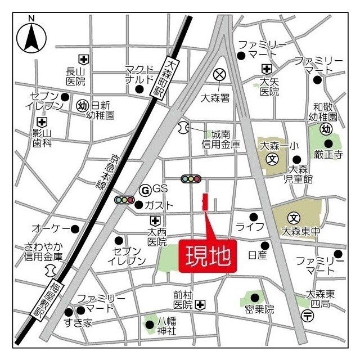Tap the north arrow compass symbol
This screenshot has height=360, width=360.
(31, 37)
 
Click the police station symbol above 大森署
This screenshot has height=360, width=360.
(219, 74)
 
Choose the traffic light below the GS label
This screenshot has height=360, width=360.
(124, 199)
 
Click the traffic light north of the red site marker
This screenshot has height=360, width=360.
(191, 179)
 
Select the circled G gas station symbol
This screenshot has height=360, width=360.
(145, 190)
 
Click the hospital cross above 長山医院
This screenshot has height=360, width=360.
(84, 58)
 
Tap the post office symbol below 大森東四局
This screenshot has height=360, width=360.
(307, 316)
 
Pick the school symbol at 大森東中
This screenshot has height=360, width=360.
(293, 217)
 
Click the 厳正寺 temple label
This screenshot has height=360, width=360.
(328, 154)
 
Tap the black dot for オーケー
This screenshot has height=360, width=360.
(74, 228)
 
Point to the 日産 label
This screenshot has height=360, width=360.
(256, 255)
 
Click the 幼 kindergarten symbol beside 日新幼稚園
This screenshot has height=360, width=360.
(82, 105)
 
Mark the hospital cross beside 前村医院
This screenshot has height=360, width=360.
(201, 305)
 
